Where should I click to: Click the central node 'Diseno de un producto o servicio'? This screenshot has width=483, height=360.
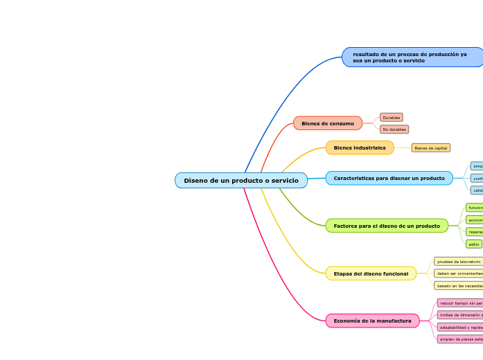(x=240, y=181)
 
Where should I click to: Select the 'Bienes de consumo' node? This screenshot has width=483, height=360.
(x=328, y=123)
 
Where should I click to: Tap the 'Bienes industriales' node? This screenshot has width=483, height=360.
(x=360, y=147)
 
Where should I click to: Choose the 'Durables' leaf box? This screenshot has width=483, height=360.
(x=392, y=118)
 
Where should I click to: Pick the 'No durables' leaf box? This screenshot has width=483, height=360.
(x=394, y=129)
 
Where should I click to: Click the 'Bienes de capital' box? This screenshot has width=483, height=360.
(x=430, y=147)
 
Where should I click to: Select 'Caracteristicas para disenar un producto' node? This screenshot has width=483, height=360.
(x=389, y=178)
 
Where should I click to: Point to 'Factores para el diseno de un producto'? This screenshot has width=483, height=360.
(x=387, y=226)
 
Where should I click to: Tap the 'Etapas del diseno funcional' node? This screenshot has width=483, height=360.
(x=371, y=273)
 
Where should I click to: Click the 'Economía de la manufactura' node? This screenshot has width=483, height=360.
(x=372, y=321)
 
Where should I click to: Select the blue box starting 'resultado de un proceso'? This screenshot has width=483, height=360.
(x=412, y=57)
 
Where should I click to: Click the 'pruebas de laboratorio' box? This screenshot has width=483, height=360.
(x=458, y=262)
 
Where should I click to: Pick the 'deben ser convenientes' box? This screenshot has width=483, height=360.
(x=458, y=273)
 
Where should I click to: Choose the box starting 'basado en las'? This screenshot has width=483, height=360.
(x=458, y=285)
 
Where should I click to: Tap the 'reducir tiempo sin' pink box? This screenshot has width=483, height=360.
(x=460, y=303)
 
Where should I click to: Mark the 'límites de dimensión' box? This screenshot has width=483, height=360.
(x=460, y=315)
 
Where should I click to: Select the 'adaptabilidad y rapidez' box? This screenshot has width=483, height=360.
(x=460, y=327)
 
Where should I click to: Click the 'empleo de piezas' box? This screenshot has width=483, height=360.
(x=460, y=339)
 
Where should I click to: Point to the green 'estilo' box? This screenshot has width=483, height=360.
(x=474, y=244)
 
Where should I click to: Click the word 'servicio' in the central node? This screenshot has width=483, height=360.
(x=285, y=181)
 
